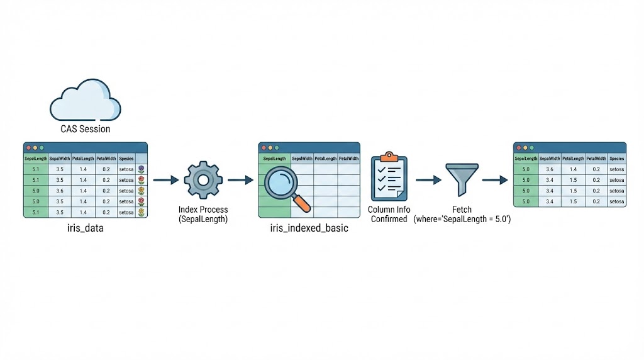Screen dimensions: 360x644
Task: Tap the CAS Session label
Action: coord(85,129)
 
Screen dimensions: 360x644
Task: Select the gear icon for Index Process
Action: coord(203,180)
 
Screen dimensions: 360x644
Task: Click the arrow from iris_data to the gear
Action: coord(166,180)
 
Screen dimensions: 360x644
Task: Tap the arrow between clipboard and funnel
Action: coord(428,180)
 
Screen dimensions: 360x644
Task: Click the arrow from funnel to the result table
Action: coord(495,180)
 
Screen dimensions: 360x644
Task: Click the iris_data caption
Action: coord(86,228)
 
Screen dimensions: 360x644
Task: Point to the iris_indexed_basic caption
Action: coord(308,228)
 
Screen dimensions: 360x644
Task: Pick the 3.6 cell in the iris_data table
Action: coord(60,190)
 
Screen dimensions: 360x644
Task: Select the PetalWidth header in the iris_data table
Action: coord(106,159)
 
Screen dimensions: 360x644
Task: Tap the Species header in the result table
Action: coord(616,159)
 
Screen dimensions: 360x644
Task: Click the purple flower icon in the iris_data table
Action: coord(142,169)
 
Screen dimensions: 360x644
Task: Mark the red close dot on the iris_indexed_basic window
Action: coord(264,147)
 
